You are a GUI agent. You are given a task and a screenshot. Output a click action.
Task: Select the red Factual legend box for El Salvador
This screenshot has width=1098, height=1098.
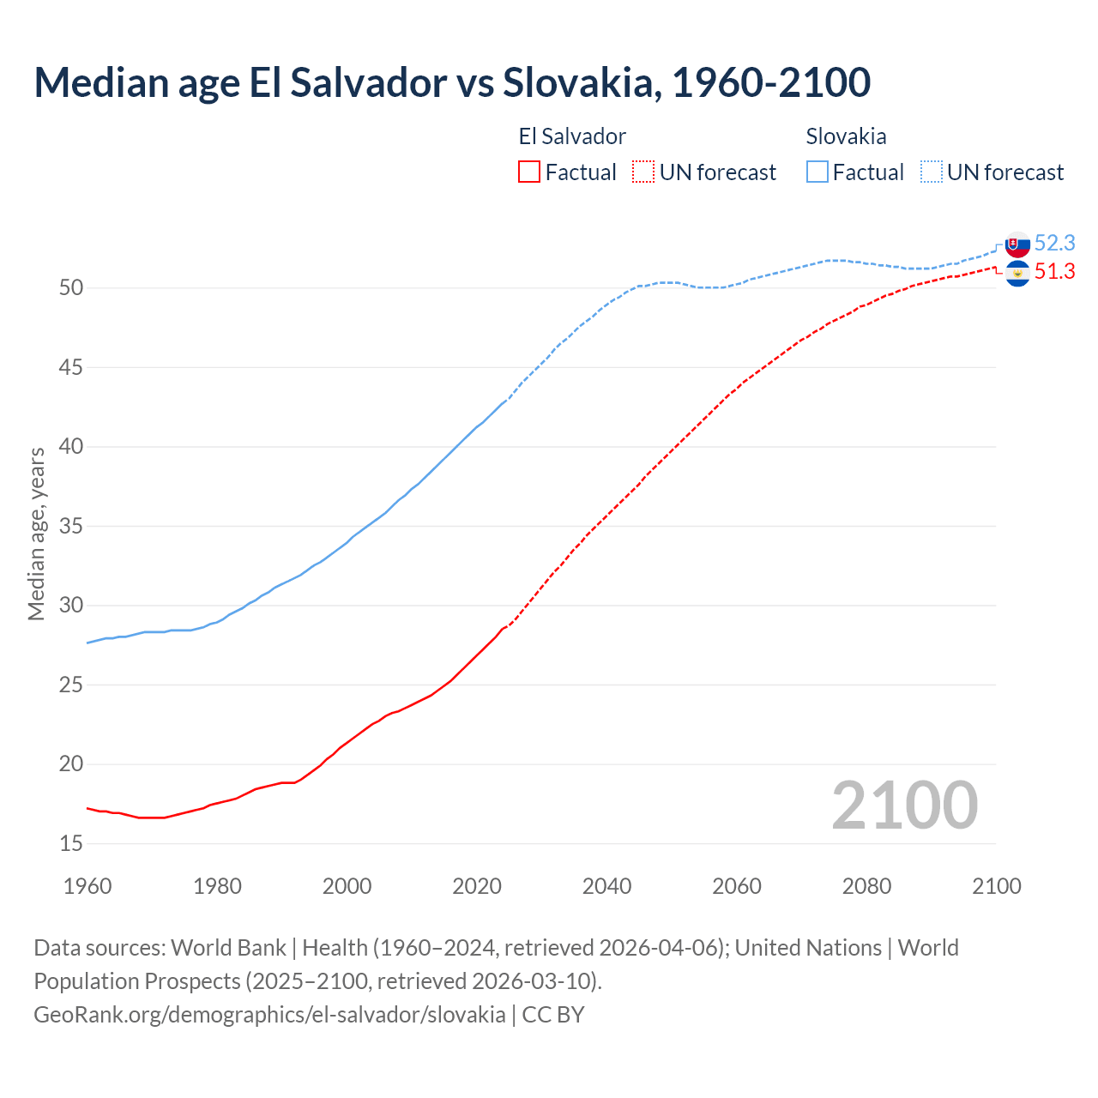[529, 172]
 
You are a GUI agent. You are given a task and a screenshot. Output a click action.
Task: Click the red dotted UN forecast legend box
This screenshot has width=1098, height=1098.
[643, 172]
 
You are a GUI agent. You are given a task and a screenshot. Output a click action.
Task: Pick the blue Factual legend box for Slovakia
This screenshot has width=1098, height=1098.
[817, 172]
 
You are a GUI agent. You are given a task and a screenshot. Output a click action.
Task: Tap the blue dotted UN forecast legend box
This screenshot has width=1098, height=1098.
[932, 172]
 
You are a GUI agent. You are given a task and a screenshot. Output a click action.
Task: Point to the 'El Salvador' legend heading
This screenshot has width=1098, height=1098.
[572, 136]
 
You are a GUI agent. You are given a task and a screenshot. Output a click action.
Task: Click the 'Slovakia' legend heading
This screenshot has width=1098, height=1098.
[846, 136]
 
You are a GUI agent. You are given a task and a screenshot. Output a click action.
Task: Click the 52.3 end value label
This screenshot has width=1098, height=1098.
[1054, 244]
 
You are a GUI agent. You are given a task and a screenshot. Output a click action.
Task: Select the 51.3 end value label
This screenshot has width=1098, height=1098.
[1054, 272]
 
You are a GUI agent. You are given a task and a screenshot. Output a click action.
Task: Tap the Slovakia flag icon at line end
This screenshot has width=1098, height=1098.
[1017, 244]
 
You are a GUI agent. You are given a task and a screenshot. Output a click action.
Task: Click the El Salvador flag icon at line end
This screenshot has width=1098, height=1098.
[1017, 274]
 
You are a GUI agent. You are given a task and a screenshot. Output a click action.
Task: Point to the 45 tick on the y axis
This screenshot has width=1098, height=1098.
[71, 367]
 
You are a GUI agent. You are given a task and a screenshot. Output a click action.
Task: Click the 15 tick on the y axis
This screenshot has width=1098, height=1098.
[71, 844]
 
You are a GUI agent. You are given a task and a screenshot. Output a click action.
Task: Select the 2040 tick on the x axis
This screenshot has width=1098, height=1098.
[606, 886]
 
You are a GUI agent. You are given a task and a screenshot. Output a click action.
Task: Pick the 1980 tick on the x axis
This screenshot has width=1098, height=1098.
[217, 886]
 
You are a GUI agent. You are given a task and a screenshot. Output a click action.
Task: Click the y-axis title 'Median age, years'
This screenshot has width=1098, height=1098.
[36, 534]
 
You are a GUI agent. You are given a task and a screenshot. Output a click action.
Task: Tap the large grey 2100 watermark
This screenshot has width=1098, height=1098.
[904, 805]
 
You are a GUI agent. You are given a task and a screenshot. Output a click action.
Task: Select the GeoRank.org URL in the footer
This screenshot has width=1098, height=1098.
[269, 1015]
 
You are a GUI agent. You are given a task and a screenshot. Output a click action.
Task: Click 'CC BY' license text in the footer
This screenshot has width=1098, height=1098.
[553, 1015]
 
